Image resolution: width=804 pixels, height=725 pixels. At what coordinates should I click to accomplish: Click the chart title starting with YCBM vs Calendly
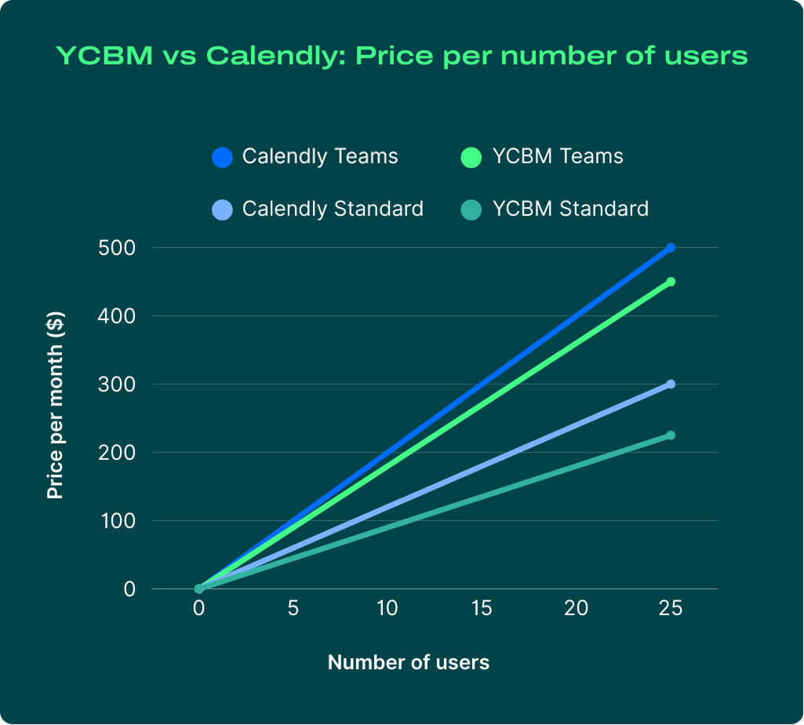[x=402, y=56]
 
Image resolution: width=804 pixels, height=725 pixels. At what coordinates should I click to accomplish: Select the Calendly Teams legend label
[x=320, y=156]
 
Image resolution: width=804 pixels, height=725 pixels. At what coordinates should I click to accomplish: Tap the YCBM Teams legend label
[x=558, y=156]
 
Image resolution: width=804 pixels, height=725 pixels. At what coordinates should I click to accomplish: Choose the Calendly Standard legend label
[x=333, y=209]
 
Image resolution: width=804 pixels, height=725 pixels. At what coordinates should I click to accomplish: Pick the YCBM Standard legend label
[x=570, y=209]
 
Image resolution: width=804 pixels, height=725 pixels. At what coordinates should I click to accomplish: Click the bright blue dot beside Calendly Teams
[x=223, y=157]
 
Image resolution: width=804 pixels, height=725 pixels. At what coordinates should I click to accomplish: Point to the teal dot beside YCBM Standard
[x=471, y=209]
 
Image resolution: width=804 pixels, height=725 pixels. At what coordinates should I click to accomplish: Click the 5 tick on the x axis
[x=293, y=610]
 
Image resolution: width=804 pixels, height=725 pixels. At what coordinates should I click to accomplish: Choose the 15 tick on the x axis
[x=482, y=610]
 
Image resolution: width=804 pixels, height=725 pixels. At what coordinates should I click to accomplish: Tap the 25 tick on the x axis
[x=671, y=610]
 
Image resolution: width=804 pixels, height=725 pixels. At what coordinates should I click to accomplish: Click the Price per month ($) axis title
[x=55, y=406]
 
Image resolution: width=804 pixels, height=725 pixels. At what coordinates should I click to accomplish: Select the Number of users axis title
[x=408, y=662]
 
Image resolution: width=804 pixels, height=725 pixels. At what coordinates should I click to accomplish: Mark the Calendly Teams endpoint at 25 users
[x=671, y=248]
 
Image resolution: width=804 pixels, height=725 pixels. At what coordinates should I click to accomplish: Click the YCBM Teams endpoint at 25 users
[x=671, y=282]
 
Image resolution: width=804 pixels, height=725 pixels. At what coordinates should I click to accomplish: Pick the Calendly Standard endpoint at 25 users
[x=671, y=384]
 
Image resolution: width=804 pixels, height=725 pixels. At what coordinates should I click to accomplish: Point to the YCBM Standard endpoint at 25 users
[x=671, y=435]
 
